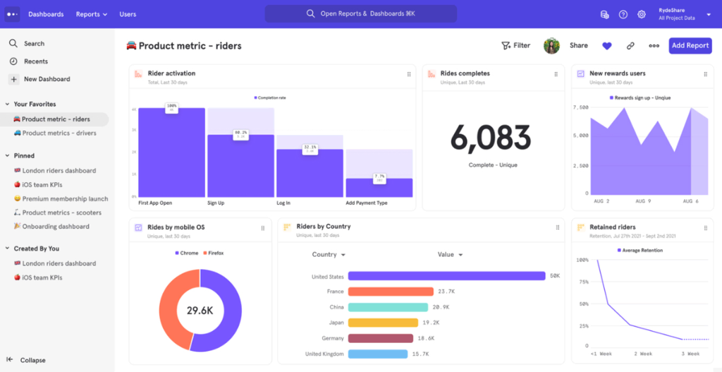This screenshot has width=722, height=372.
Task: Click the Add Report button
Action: point(690,46)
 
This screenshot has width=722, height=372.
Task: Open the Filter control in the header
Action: point(515,46)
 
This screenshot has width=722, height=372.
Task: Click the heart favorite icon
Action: point(606,46)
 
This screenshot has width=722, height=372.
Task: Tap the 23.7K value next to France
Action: point(446,292)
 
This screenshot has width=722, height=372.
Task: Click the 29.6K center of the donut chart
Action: point(200,311)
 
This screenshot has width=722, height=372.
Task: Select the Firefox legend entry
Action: point(213,253)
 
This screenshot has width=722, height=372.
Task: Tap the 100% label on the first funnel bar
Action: point(171,107)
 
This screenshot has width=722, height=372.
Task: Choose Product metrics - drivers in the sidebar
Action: point(59,133)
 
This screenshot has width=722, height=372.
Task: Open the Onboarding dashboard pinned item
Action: point(55,227)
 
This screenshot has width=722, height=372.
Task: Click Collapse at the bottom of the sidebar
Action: point(32,360)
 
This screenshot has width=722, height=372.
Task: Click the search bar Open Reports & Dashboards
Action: point(360,14)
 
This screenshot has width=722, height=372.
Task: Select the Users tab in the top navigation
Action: point(128,14)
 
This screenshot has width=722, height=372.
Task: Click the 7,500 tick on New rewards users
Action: point(580,108)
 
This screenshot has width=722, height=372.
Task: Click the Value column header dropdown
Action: point(450,255)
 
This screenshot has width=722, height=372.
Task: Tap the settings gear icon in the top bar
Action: point(642,14)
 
